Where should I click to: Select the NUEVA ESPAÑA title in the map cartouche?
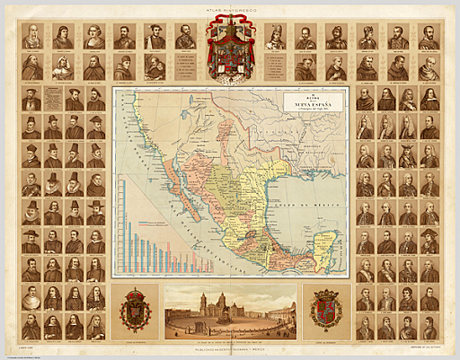click(x=314, y=106)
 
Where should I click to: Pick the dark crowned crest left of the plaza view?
click(x=137, y=310)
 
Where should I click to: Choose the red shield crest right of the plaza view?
click(x=324, y=310)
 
